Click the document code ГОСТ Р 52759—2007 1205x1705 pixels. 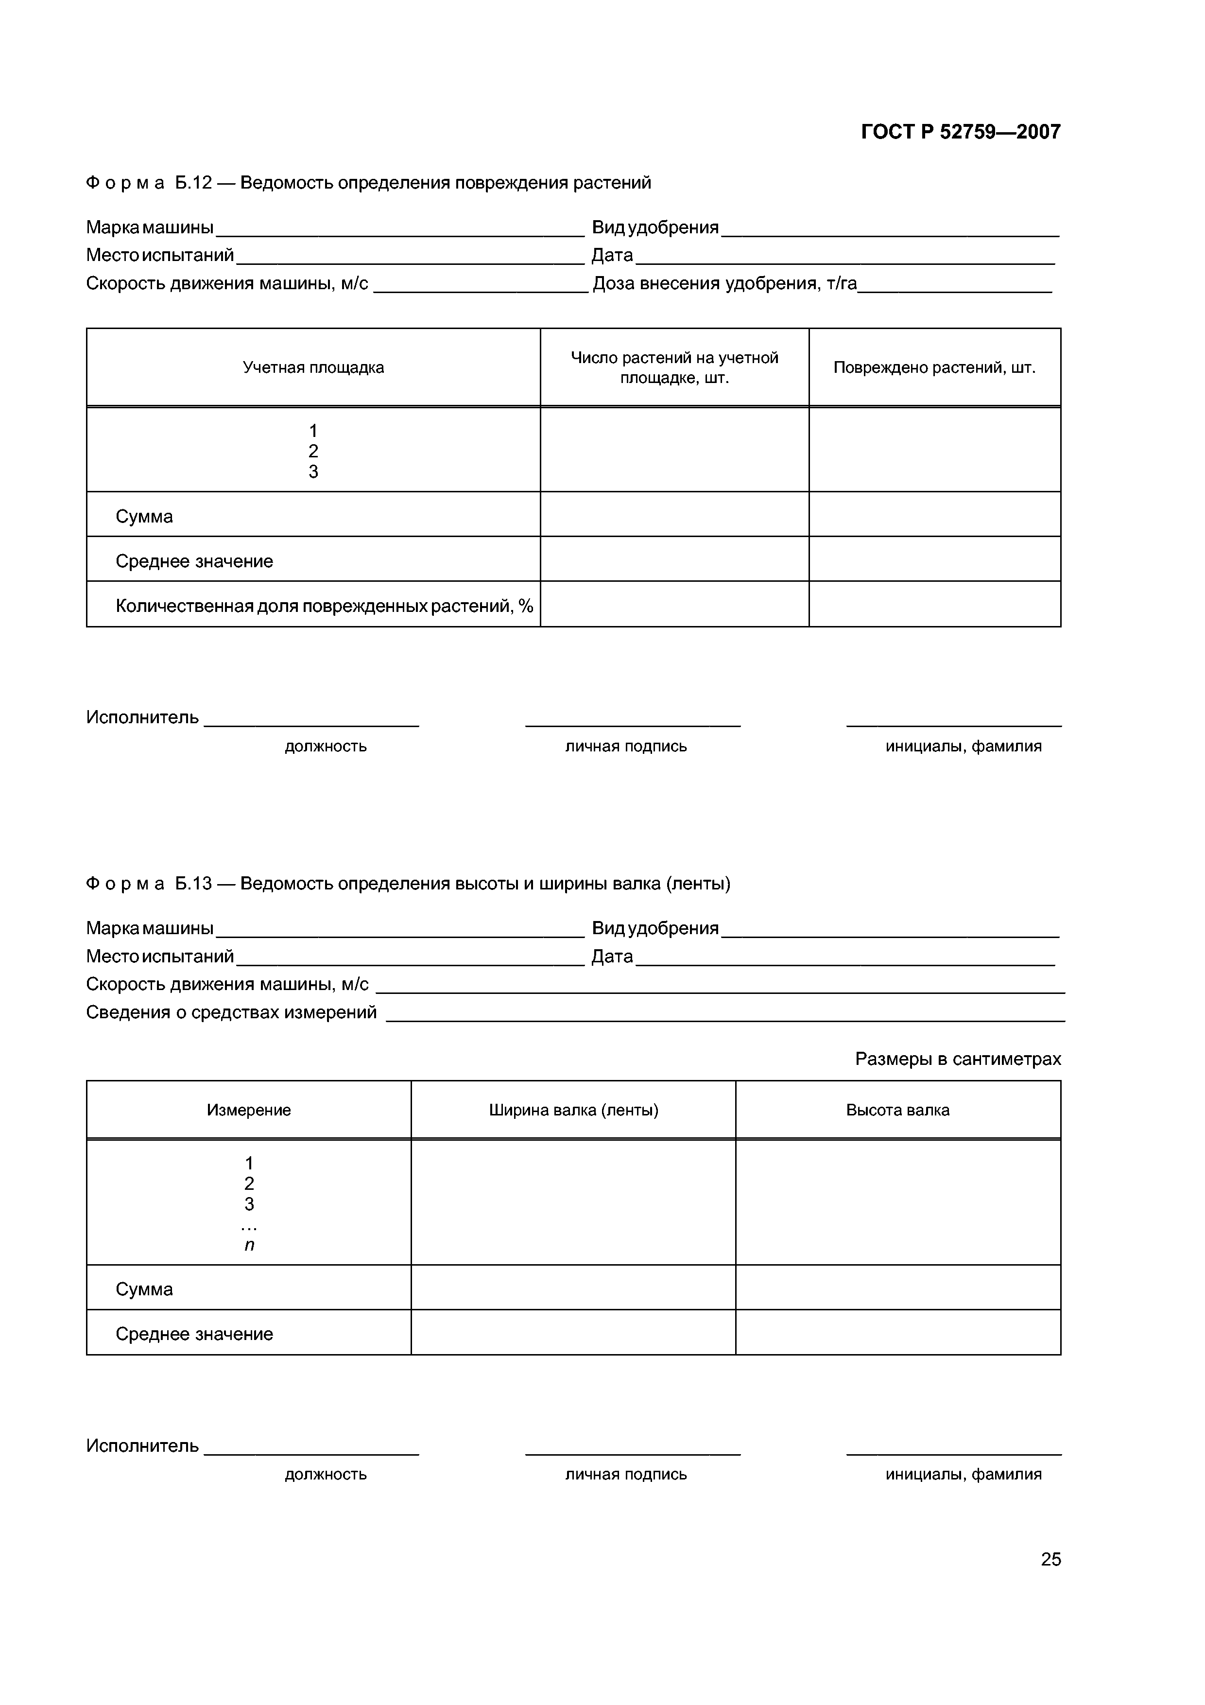click(x=960, y=132)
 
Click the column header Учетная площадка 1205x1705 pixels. click(x=313, y=367)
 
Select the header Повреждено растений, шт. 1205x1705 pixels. click(x=934, y=367)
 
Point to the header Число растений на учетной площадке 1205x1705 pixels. click(x=674, y=367)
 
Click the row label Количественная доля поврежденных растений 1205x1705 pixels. click(x=324, y=606)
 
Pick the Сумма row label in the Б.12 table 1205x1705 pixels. click(x=144, y=516)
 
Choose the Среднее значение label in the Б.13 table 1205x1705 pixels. click(x=194, y=1334)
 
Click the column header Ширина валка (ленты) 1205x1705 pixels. click(x=573, y=1110)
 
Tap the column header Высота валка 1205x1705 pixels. click(x=897, y=1110)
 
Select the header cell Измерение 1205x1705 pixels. click(x=249, y=1110)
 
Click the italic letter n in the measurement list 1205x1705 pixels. click(x=249, y=1245)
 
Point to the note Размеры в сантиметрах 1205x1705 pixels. click(x=958, y=1058)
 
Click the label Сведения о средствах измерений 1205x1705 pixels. click(x=231, y=1012)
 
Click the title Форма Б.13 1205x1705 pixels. click(x=408, y=883)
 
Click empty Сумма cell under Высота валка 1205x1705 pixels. click(x=897, y=1288)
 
